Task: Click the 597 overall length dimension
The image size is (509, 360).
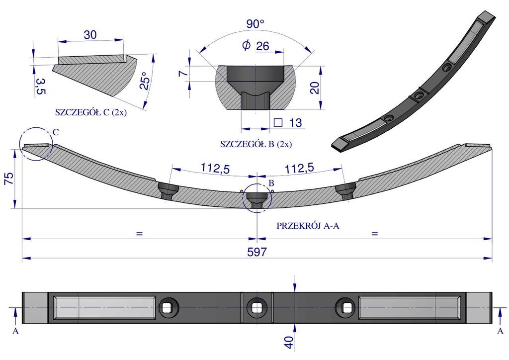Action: tap(257, 252)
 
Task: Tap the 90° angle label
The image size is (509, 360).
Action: tap(255, 24)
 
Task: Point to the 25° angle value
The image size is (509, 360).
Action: tap(145, 81)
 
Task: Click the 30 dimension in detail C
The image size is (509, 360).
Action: tap(90, 35)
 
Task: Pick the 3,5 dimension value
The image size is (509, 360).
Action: tap(41, 87)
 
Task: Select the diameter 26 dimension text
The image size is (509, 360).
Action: tap(256, 46)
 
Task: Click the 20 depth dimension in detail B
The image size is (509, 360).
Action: tap(315, 88)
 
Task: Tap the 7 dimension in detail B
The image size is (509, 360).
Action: tap(183, 74)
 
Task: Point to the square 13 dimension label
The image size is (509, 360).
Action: tap(288, 123)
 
